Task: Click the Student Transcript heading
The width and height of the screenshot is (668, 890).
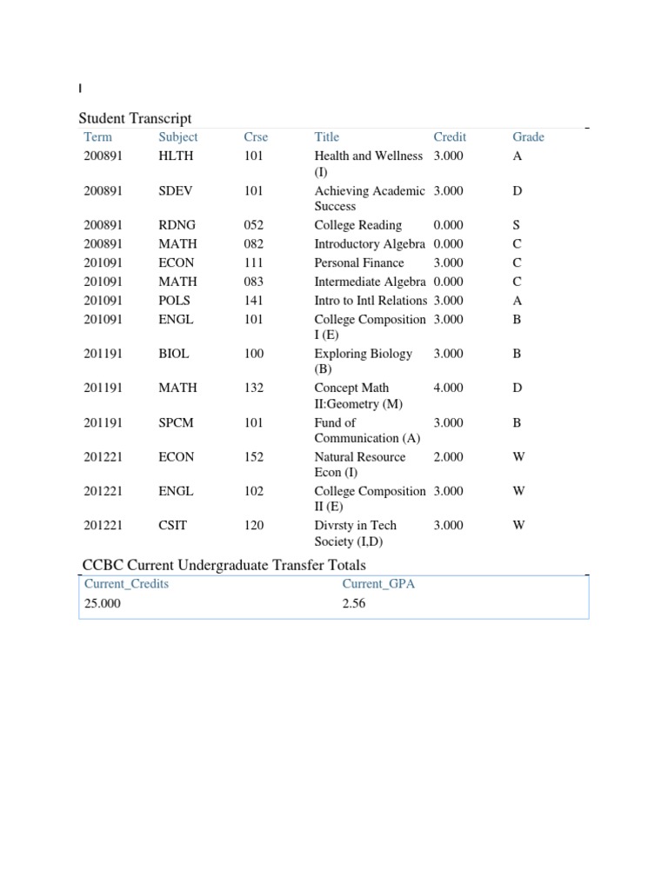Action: pyautogui.click(x=135, y=118)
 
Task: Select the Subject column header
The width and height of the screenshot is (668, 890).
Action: pyautogui.click(x=177, y=136)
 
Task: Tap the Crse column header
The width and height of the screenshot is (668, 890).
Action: pyautogui.click(x=256, y=136)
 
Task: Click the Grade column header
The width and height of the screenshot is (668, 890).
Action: pyautogui.click(x=528, y=136)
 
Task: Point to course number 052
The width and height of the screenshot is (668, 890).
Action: pyautogui.click(x=254, y=225)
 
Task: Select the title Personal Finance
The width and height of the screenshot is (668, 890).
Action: pyautogui.click(x=358, y=262)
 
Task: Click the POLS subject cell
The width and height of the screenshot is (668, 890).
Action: pyautogui.click(x=174, y=301)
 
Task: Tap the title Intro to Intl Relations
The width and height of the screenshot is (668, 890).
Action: pyautogui.click(x=371, y=301)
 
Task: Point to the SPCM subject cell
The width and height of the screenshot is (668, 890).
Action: pyautogui.click(x=176, y=422)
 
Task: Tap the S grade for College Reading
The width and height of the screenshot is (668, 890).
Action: pyautogui.click(x=517, y=225)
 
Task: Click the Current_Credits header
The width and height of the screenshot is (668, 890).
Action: pyautogui.click(x=126, y=583)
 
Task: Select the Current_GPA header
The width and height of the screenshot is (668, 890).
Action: pyautogui.click(x=378, y=583)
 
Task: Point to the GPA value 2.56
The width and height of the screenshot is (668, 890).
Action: pyautogui.click(x=354, y=603)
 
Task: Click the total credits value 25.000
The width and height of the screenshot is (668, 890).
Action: pyautogui.click(x=103, y=603)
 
